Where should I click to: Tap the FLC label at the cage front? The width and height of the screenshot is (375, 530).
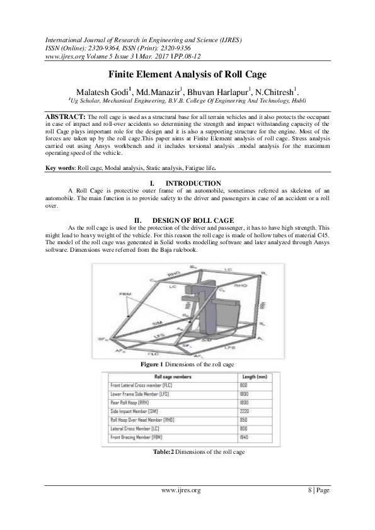pyautogui.click(x=154, y=355)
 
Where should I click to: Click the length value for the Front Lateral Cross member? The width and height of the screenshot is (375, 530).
pyautogui.click(x=243, y=385)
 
